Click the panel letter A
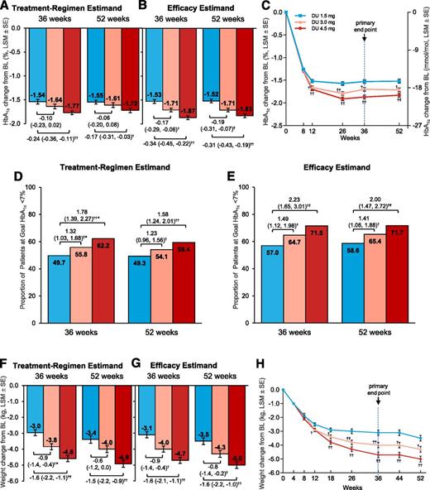[x=5, y=7]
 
